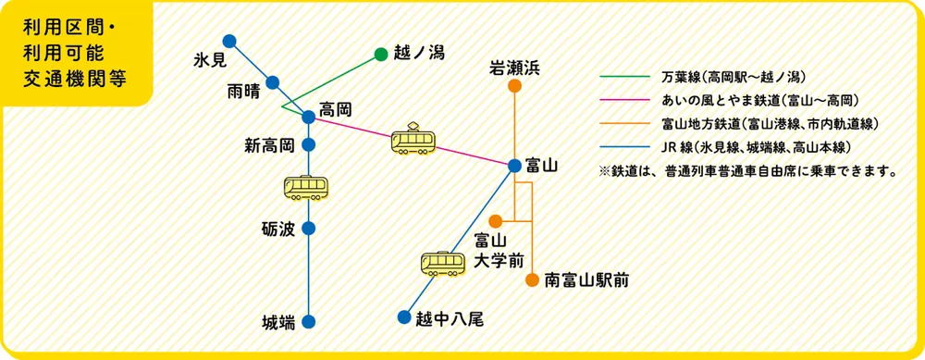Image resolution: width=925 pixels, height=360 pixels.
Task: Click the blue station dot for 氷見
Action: coord(229,41)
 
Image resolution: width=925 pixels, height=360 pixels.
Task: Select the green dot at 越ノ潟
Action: coord(379,54)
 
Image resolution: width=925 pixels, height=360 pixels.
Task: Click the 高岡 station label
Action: coord(335,109)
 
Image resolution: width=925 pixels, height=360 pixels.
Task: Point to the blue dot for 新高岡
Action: coord(309,144)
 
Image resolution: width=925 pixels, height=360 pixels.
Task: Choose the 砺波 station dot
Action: coord(309,228)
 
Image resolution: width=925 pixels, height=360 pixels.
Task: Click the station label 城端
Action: coord(278,322)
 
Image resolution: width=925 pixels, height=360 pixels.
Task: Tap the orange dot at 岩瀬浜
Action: coord(514,87)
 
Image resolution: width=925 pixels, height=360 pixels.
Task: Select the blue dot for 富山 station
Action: coord(514,166)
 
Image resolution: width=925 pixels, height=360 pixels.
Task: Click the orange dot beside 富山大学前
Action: coord(496,221)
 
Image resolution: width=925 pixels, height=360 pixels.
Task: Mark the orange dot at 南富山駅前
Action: coord(532,279)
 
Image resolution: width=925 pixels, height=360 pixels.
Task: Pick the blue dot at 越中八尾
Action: coord(403,317)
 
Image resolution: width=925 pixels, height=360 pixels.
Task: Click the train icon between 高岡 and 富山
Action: coord(413,139)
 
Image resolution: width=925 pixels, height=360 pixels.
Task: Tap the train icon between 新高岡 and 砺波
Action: coord(306,188)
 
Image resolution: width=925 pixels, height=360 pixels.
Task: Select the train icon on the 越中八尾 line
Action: coord(443,263)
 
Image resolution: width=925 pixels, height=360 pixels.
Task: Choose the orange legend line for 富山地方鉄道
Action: coord(625,123)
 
